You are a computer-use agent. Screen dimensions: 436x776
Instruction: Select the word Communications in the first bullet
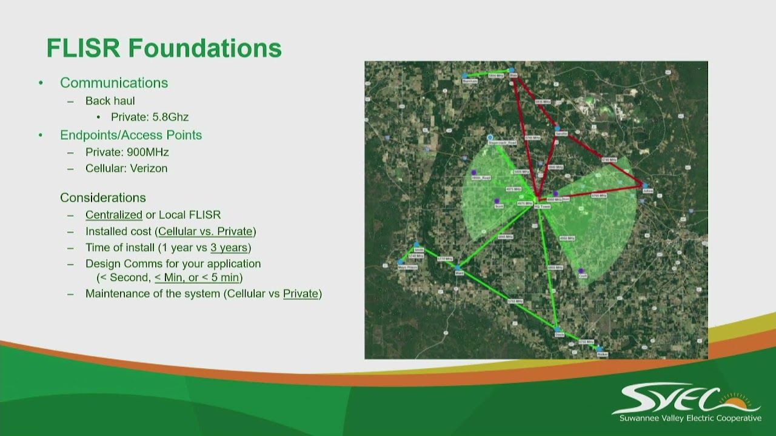coord(114,83)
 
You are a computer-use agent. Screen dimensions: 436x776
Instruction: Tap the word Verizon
coord(147,168)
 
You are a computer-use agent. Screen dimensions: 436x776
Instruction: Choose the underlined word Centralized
coord(113,215)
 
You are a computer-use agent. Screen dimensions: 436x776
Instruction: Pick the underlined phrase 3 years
coord(229,248)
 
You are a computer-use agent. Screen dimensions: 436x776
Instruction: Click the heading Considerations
coord(102,198)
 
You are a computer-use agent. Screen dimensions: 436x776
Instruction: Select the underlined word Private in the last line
coord(301,294)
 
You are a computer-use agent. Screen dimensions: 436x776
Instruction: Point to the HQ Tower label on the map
coord(542,206)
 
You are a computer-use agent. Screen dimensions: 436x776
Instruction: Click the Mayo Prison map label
coord(407,267)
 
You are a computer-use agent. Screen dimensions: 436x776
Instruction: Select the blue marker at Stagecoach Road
coord(490,138)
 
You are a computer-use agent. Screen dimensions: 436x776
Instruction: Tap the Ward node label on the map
coord(459,273)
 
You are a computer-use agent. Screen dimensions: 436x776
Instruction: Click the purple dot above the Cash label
coord(581,271)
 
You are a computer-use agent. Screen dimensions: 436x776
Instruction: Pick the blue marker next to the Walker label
coord(598,349)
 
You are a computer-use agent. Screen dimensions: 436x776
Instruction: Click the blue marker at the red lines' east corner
coord(645,186)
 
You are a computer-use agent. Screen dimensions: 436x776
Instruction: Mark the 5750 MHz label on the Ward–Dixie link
coord(515,301)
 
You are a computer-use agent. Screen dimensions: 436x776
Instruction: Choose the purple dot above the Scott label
coord(497,201)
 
